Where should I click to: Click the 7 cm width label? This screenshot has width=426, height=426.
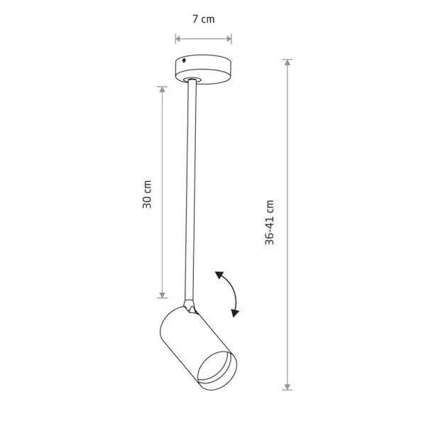204,19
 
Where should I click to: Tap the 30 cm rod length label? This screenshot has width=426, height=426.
147,195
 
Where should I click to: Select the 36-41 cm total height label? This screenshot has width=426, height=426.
270,222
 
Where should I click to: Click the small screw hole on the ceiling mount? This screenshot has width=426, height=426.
184,60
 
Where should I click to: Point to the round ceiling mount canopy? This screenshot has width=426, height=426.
203,70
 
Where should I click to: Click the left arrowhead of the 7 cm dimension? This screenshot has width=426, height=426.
178,39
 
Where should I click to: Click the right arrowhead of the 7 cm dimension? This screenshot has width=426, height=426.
229,39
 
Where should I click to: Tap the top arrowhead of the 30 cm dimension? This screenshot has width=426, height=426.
162,89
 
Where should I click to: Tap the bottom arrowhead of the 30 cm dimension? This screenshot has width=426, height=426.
162,295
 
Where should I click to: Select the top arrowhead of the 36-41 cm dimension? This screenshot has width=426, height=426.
288,62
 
